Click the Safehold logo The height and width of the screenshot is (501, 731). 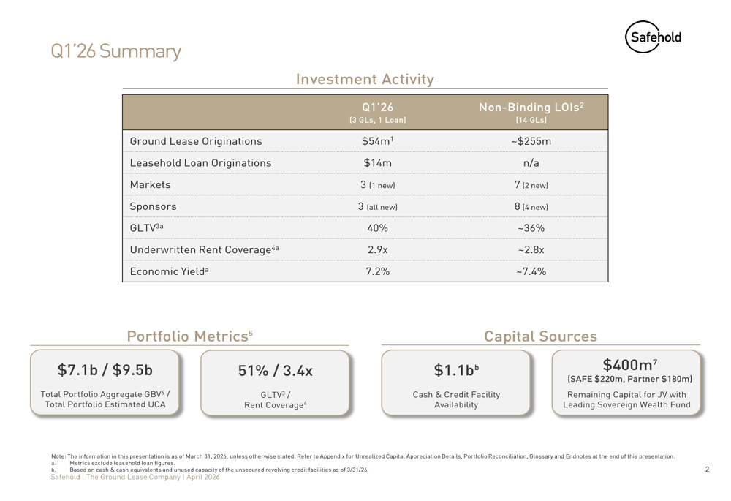click(x=653, y=37)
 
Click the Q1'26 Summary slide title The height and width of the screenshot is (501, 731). click(x=115, y=51)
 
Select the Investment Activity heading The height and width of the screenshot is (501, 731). click(x=365, y=79)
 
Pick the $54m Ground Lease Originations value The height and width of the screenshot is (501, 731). click(x=378, y=141)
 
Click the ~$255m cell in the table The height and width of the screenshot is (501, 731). click(x=531, y=141)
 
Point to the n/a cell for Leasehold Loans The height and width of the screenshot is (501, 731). click(x=531, y=163)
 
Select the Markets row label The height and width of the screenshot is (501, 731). click(x=150, y=185)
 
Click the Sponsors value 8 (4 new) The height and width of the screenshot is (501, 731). click(x=531, y=206)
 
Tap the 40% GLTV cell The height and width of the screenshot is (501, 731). click(x=378, y=228)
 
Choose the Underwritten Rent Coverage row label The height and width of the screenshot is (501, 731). click(x=204, y=249)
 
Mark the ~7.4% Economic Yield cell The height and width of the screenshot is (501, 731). click(x=531, y=271)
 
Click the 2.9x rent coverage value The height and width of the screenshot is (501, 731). click(x=378, y=249)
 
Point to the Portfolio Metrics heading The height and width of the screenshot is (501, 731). click(x=190, y=336)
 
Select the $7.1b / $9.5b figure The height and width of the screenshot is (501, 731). click(x=105, y=370)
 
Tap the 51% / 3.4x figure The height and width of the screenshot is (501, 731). click(x=275, y=371)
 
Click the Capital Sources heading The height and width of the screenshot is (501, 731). click(x=540, y=336)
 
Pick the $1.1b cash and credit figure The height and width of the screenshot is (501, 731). click(x=456, y=370)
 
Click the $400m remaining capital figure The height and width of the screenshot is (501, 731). click(x=629, y=364)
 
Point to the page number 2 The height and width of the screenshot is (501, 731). click(x=707, y=470)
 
